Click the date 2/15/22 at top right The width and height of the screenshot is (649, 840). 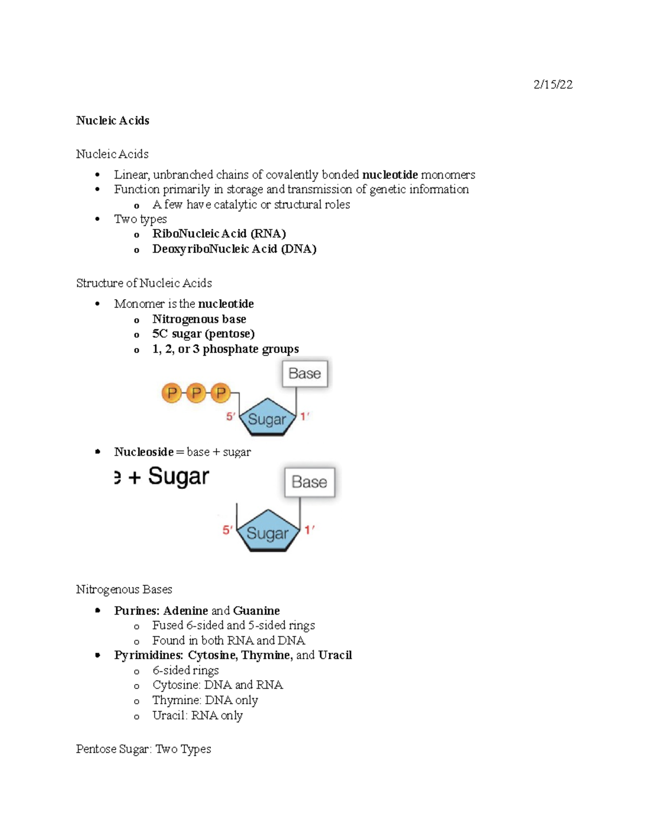(553, 84)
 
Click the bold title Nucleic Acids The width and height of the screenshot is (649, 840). (112, 121)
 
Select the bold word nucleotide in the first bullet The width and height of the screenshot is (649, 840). (390, 175)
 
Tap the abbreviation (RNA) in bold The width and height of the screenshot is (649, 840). (268, 234)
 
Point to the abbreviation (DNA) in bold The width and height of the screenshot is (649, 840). (299, 249)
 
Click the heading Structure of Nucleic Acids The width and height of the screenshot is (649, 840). (144, 283)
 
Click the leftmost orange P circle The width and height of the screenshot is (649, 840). (172, 393)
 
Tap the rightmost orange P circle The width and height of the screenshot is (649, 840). (221, 393)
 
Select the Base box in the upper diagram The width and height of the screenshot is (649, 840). (305, 374)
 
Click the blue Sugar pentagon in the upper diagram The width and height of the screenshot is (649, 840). (267, 419)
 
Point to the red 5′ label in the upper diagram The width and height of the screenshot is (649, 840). (230, 416)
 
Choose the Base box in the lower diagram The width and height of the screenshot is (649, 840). (309, 482)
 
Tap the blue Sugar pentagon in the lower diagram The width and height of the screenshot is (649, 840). (268, 532)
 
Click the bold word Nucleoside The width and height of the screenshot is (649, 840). (144, 452)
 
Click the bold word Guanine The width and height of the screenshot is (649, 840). (256, 611)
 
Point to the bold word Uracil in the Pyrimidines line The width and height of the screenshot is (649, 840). (335, 655)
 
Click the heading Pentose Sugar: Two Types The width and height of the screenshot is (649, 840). (143, 749)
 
